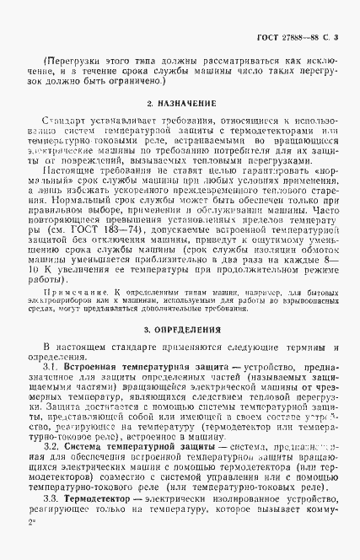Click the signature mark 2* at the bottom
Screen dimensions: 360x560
pos(32,547)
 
